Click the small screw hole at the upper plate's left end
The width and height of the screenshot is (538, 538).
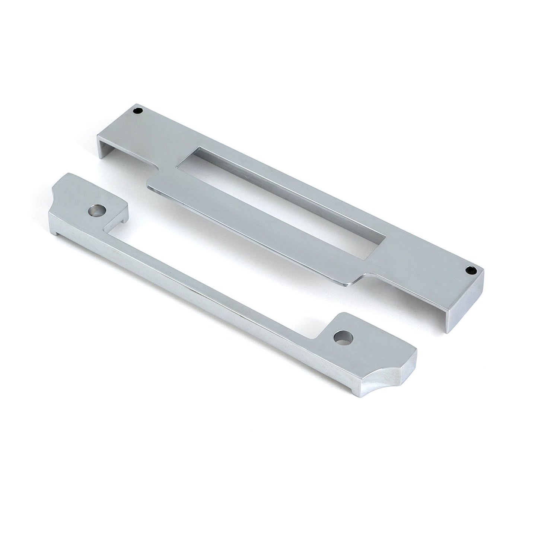tap(140, 111)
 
